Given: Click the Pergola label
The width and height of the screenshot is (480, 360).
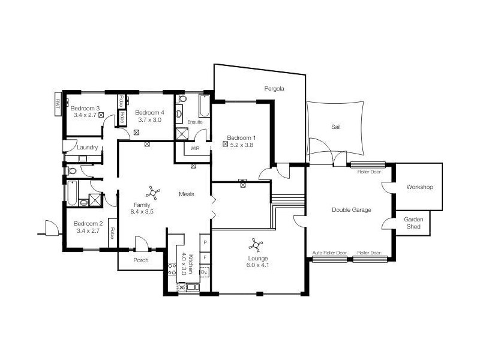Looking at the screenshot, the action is [274, 89].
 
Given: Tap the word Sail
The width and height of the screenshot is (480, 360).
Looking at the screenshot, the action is [336, 127].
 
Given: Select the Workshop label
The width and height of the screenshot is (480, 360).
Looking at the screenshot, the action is [419, 187].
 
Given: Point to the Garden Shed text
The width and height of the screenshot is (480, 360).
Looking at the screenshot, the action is [413, 223].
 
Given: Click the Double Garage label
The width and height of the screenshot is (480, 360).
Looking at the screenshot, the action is [352, 209].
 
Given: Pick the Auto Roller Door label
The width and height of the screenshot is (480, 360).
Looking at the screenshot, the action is [329, 253].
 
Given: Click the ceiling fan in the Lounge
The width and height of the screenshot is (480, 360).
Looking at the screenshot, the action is [256, 245].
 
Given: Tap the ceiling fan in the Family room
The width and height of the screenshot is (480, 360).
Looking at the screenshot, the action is [153, 193].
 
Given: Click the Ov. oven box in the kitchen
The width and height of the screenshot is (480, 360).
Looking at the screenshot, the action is [205, 272].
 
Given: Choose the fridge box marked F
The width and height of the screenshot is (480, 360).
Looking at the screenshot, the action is [205, 258].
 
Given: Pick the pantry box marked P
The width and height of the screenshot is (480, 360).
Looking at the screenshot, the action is [205, 243].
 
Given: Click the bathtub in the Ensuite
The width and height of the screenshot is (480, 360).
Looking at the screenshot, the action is [204, 106].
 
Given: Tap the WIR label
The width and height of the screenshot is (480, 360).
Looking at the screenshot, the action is [194, 148].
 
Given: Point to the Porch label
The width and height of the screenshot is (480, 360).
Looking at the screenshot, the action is [141, 260].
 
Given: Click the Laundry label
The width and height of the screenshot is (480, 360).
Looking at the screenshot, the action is [87, 147].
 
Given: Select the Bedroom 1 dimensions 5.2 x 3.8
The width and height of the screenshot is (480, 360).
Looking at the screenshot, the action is [242, 145].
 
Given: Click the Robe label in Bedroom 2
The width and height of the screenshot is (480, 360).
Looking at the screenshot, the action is [112, 233].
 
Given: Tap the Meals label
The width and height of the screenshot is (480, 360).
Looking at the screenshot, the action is [187, 194].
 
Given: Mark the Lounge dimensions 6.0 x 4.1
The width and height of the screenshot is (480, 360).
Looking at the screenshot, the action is [257, 265].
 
